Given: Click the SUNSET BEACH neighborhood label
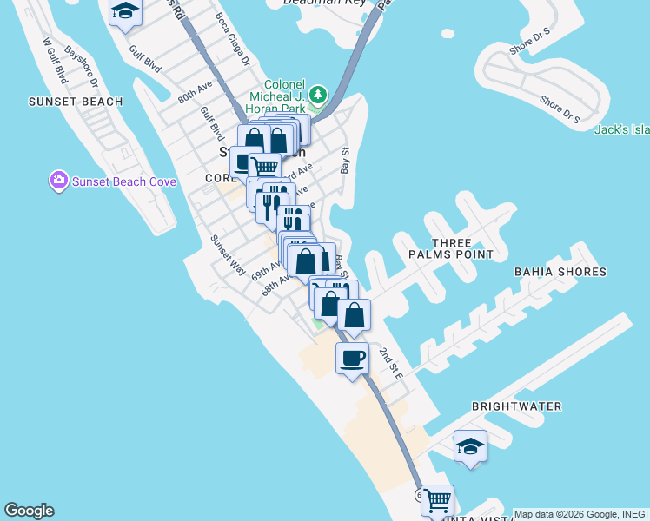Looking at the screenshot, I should pyautogui.click(x=75, y=102).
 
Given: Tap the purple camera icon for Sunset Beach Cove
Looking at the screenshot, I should pyautogui.click(x=59, y=181).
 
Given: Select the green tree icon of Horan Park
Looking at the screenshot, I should pyautogui.click(x=319, y=94).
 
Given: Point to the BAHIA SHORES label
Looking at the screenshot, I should pyautogui.click(x=560, y=272).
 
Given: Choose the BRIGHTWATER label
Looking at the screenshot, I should pyautogui.click(x=516, y=406).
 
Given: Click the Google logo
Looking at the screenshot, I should pyautogui.click(x=29, y=511).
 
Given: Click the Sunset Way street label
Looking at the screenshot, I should pyautogui.click(x=229, y=254).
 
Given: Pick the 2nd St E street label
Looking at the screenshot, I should pyautogui.click(x=391, y=363).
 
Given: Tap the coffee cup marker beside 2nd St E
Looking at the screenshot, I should pyautogui.click(x=352, y=359).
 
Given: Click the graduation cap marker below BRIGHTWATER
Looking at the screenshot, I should pyautogui.click(x=470, y=446).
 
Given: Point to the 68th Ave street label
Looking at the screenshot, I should pyautogui.click(x=275, y=286).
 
